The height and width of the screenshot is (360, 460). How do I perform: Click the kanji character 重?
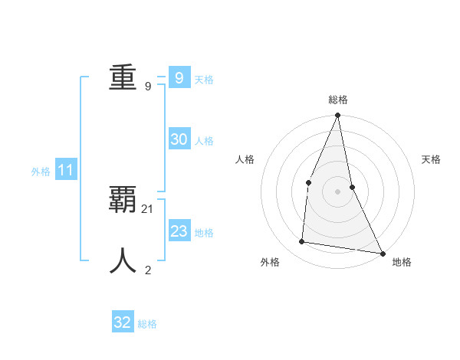(123, 77)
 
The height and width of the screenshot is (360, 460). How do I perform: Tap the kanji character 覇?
(123, 199)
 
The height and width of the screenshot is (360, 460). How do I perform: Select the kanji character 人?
(123, 260)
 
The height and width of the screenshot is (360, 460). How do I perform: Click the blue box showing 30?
(179, 139)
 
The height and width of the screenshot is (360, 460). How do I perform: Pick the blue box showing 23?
(179, 231)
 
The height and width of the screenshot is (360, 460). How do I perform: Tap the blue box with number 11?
(65, 171)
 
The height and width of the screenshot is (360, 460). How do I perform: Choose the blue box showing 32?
(122, 322)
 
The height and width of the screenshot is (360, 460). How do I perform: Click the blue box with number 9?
(179, 77)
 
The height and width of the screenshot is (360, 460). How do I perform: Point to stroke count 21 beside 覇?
(148, 208)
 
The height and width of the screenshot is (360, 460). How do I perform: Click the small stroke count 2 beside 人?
(148, 270)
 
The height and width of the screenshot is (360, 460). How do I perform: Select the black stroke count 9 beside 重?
(148, 87)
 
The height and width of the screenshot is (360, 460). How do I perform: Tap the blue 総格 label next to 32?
(147, 324)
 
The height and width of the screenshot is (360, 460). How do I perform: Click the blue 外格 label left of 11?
(41, 172)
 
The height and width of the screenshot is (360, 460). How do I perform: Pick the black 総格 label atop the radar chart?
(338, 100)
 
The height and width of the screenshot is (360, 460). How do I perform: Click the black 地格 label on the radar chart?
(402, 262)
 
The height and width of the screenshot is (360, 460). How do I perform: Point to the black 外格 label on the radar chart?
(270, 262)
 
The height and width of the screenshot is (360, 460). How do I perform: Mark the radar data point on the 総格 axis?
(337, 116)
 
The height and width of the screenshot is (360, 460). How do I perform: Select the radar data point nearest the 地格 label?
(382, 253)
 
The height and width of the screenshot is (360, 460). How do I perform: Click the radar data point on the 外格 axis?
(302, 242)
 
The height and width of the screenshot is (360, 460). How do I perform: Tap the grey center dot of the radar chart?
(337, 191)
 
